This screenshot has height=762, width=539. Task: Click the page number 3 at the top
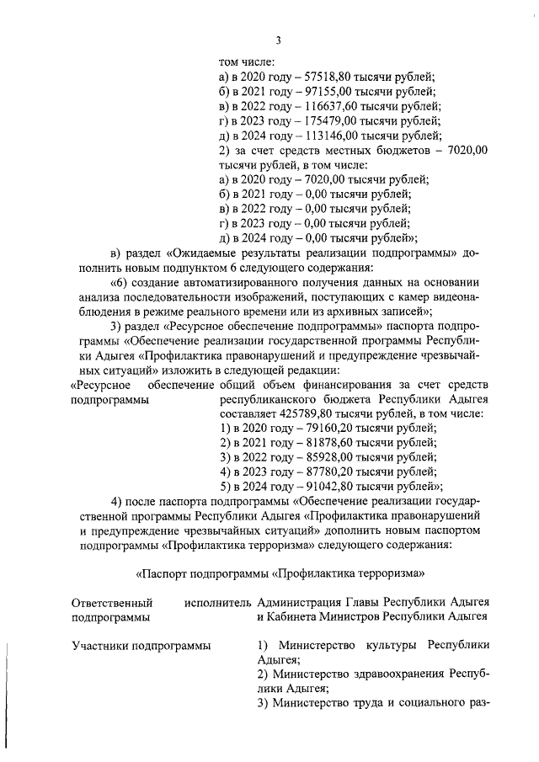(278, 41)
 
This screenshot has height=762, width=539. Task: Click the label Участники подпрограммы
(141, 646)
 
